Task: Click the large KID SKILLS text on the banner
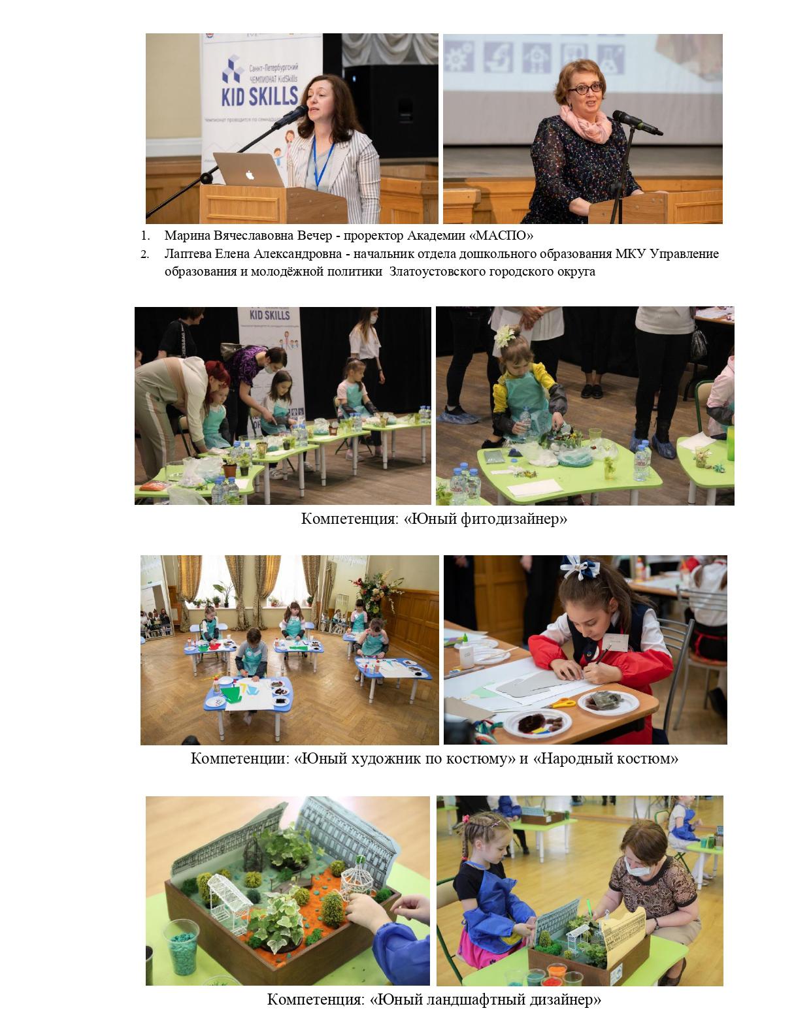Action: point(259,96)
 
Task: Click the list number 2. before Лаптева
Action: point(144,255)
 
